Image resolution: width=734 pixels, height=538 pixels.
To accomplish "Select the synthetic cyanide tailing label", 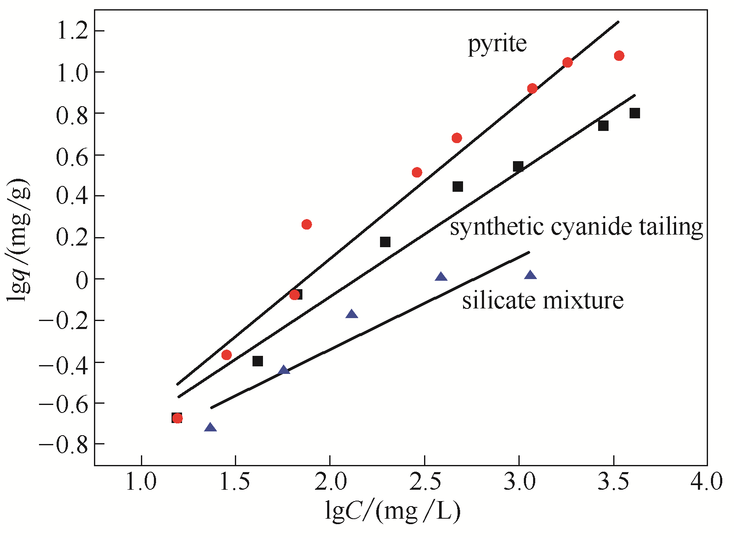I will pos(576,227).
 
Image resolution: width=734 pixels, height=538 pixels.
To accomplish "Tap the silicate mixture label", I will pos(543,301).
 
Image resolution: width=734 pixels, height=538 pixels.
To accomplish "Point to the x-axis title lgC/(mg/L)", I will pos(393,511).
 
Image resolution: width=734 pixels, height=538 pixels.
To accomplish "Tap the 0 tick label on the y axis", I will pos(83,279).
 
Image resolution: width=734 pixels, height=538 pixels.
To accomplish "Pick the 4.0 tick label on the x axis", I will pos(707,482).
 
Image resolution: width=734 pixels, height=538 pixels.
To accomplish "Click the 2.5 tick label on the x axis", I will pos(424,482).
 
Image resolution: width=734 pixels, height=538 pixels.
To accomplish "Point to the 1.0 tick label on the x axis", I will pos(141,482).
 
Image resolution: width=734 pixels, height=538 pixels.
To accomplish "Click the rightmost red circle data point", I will pos(619,56).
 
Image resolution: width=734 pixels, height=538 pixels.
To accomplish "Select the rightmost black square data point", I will pos(635,113).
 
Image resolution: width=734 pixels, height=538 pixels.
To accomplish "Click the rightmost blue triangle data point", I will pos(531,275).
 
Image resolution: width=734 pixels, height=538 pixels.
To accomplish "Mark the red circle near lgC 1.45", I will pos(226,355).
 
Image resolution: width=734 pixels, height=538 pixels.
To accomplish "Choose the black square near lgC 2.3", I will pos(385,242).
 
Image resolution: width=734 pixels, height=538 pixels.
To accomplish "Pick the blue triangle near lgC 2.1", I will pos(351,314).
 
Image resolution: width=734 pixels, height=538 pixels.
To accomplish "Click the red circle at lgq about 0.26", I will pos(307,225).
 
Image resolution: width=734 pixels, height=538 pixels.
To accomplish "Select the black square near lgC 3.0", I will pos(518,167).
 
